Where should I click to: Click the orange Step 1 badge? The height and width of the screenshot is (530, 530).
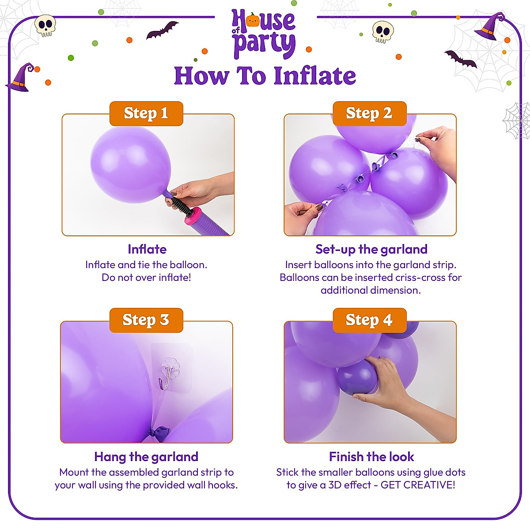pyautogui.click(x=146, y=114)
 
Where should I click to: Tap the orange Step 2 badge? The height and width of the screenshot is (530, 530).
pyautogui.click(x=369, y=114)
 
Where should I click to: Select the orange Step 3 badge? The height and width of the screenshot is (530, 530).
pyautogui.click(x=146, y=320)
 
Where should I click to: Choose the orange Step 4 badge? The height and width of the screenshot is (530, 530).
pyautogui.click(x=369, y=320)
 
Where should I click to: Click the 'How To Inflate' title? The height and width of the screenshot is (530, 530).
pyautogui.click(x=265, y=76)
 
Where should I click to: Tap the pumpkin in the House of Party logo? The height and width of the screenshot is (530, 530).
pyautogui.click(x=253, y=20)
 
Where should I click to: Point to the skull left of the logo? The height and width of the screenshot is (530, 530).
pyautogui.click(x=45, y=26)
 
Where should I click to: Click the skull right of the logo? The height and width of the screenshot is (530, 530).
pyautogui.click(x=382, y=32)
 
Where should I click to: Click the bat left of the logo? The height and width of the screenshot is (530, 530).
pyautogui.click(x=162, y=30)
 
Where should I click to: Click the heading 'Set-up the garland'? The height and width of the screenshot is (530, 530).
pyautogui.click(x=371, y=250)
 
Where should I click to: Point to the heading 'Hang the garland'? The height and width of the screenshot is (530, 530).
pyautogui.click(x=146, y=457)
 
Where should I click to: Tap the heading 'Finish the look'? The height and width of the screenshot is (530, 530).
pyautogui.click(x=371, y=457)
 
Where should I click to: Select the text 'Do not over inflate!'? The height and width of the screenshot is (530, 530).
pyautogui.click(x=146, y=277)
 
